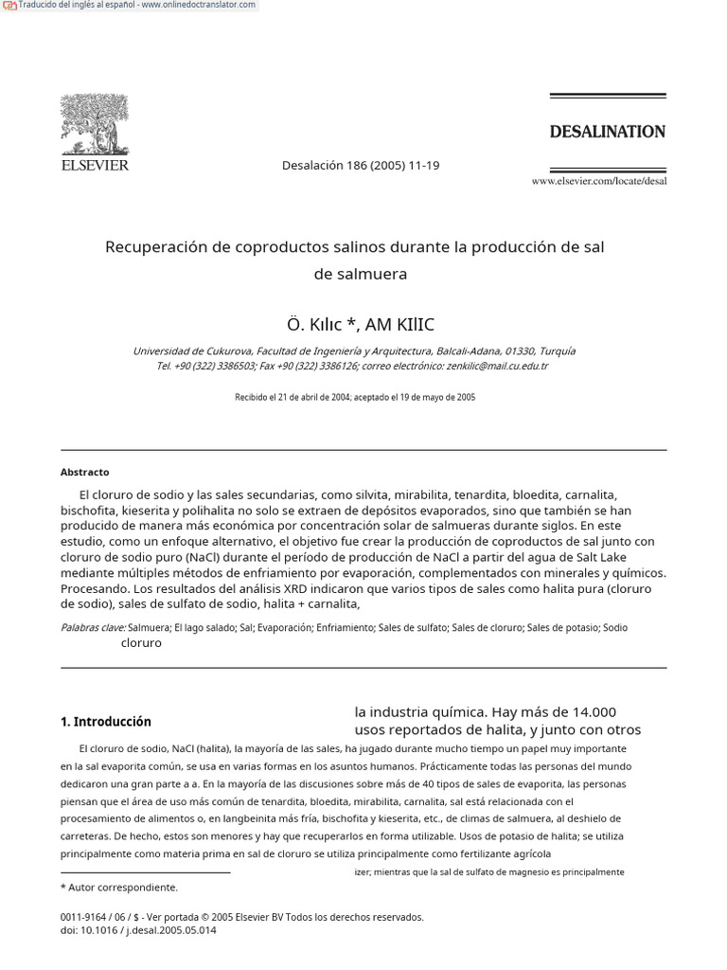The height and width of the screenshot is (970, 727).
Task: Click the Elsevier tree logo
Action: [94, 124]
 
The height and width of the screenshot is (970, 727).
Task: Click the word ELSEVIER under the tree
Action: [94, 166]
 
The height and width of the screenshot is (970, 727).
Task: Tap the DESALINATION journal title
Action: [607, 132]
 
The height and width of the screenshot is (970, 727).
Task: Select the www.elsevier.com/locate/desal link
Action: [598, 181]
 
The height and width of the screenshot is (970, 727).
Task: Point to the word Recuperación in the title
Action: [154, 247]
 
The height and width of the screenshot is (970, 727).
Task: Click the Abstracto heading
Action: [85, 472]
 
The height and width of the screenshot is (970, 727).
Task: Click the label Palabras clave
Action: [93, 627]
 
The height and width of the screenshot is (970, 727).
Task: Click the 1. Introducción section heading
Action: [106, 721]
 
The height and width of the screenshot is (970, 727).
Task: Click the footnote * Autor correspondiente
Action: [119, 888]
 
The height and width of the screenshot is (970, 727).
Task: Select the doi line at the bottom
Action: [138, 930]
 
